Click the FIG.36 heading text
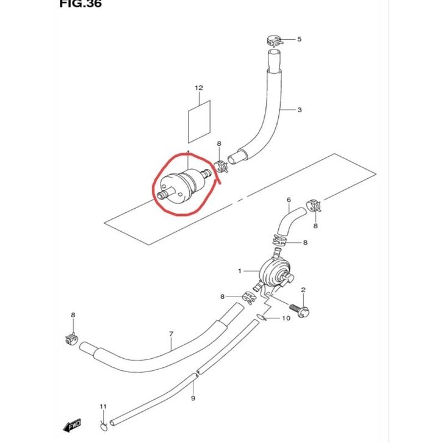tap(81, 4)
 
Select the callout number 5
tap(300, 39)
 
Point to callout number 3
tap(300, 110)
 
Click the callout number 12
tap(198, 88)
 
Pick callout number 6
tap(289, 200)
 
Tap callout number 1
tap(240, 270)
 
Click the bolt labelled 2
tap(300, 310)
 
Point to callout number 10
tap(286, 319)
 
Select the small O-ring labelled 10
tap(261, 317)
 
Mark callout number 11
tap(103, 406)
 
